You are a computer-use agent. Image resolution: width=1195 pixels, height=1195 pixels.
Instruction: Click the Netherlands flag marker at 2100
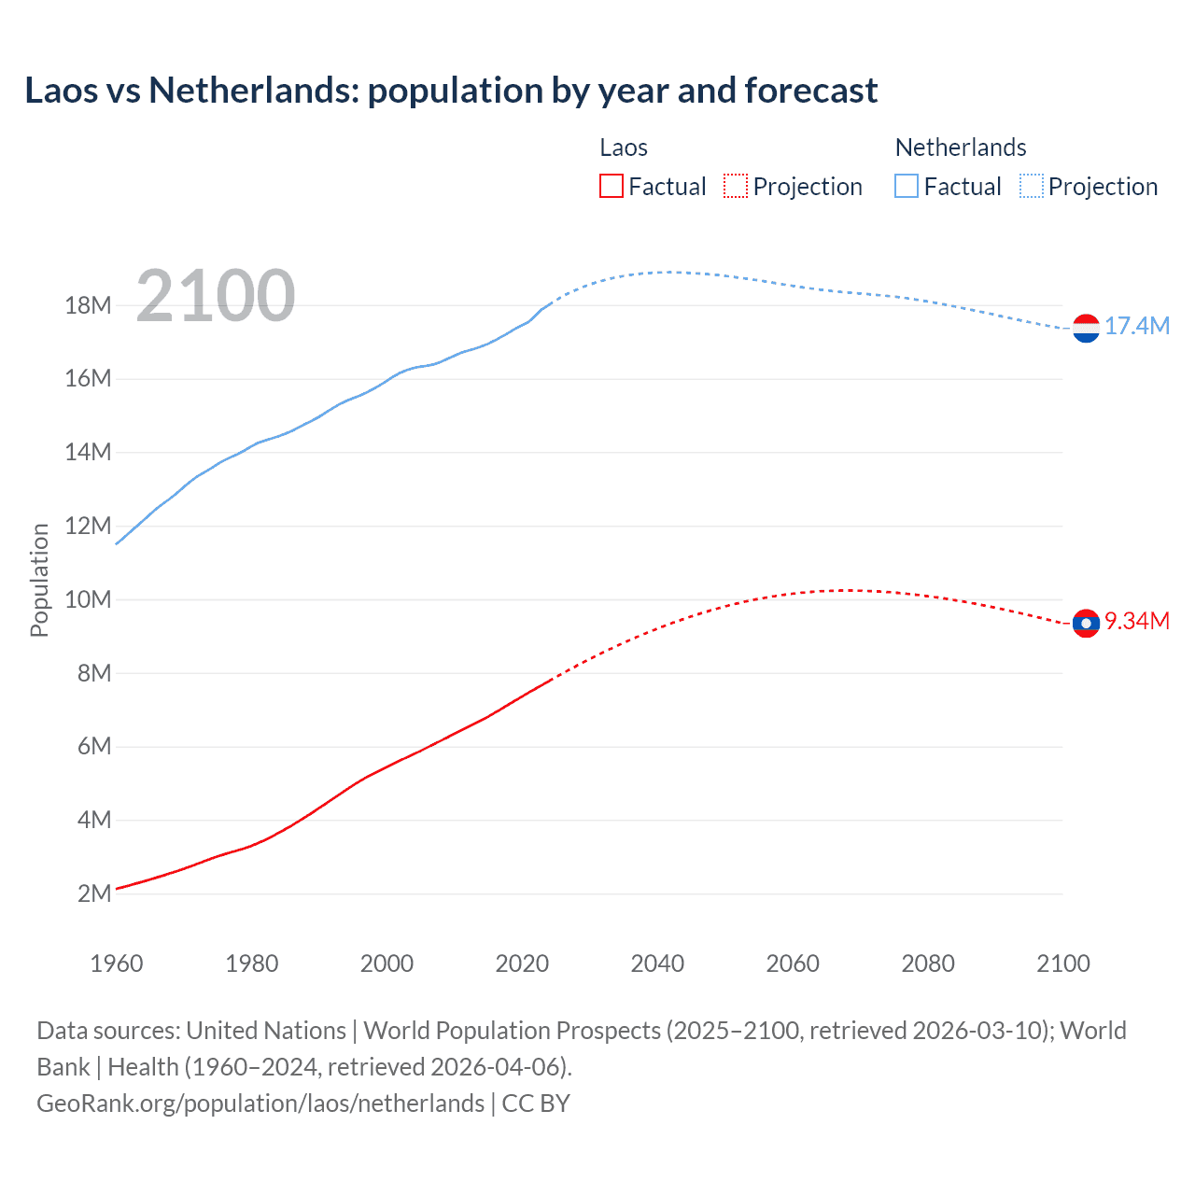point(1086,328)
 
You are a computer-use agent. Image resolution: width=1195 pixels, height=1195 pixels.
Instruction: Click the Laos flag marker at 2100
point(1086,623)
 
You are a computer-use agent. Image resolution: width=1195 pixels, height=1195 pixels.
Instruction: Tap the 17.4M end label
point(1136,326)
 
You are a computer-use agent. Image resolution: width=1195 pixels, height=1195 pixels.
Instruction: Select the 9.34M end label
point(1136,621)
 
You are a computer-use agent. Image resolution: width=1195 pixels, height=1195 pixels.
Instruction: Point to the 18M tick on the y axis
point(88,305)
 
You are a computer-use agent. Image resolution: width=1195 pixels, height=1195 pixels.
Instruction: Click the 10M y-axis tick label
point(88,599)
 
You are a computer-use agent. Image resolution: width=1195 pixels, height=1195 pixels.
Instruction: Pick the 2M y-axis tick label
point(93,893)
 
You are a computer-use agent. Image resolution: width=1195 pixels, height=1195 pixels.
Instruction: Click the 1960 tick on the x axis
point(117,963)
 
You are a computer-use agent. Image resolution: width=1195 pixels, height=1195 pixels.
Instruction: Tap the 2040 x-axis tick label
point(657,963)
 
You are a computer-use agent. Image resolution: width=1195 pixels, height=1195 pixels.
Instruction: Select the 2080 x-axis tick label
point(928,963)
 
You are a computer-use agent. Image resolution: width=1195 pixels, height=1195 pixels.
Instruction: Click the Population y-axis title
point(39,580)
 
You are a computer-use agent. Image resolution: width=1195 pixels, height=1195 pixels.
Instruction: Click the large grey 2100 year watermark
point(216,296)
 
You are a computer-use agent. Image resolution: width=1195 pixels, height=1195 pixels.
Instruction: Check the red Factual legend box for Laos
point(611,186)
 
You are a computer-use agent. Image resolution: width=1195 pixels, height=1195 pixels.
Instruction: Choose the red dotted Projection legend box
point(736,186)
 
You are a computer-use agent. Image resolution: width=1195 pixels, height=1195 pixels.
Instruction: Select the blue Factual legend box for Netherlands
point(907,186)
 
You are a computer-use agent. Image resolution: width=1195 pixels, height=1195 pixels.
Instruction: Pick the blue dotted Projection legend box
point(1032,186)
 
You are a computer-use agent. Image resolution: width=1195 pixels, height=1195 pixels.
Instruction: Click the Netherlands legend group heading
point(960,148)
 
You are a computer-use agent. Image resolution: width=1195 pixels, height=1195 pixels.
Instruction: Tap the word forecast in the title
point(811,91)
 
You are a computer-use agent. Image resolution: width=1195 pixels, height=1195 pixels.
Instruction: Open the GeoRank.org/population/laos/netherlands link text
point(260,1103)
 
